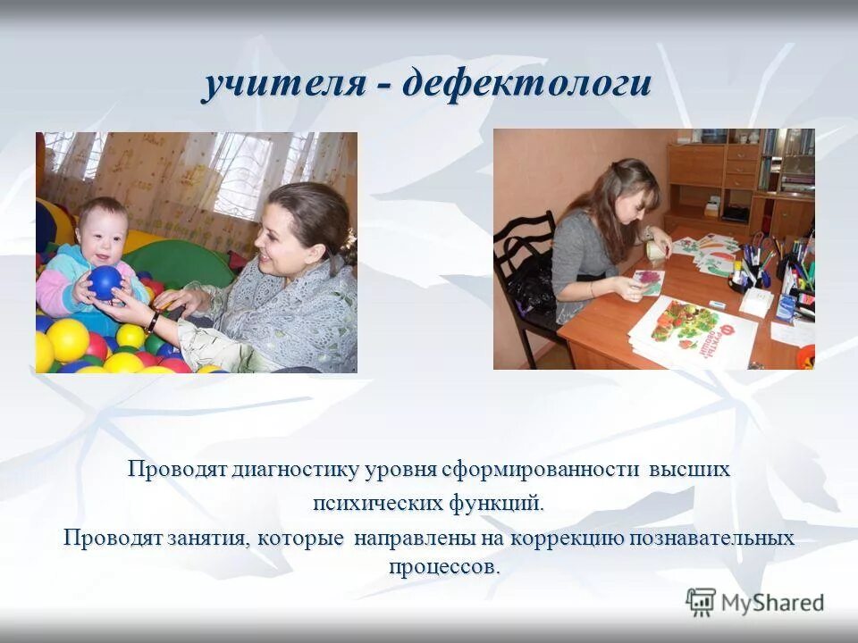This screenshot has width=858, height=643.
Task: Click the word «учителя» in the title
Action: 283,86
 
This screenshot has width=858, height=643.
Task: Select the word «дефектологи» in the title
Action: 527,86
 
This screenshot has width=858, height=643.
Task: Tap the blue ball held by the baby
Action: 105,282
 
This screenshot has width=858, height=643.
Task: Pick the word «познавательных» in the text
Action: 713,539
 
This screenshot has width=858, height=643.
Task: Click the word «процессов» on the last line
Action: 444,566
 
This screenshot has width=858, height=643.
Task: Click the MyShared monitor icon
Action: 701,601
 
